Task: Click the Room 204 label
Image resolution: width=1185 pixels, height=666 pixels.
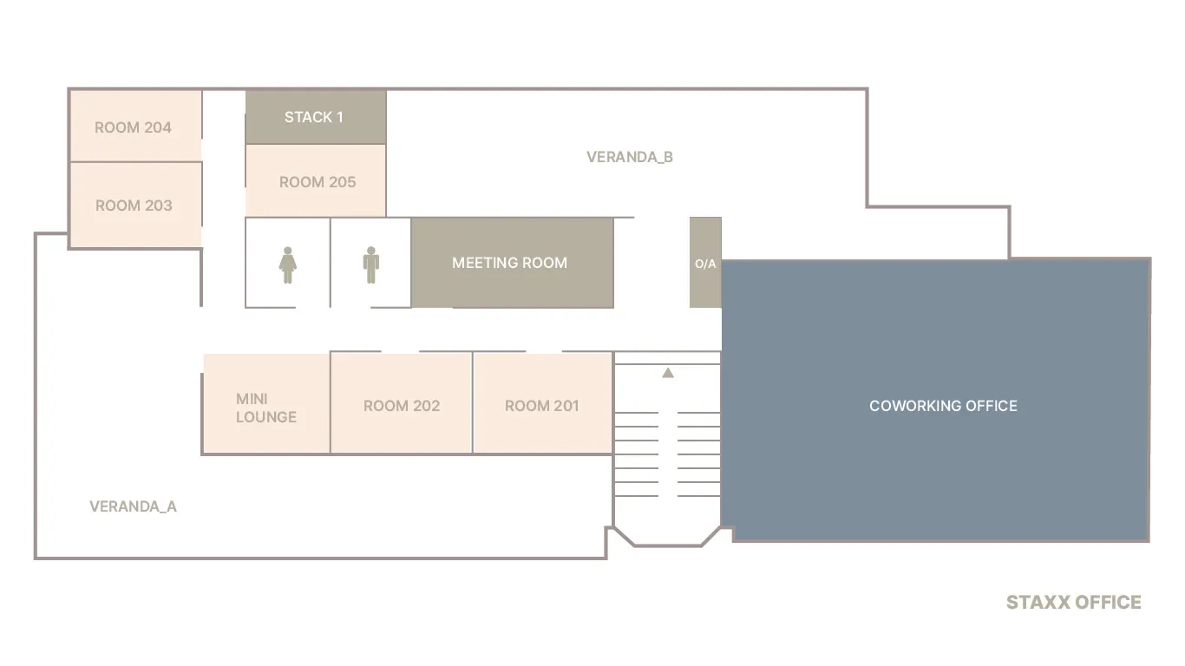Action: pyautogui.click(x=133, y=127)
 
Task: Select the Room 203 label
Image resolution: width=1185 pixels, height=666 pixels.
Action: pyautogui.click(x=134, y=206)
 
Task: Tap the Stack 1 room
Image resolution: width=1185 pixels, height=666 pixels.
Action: pyautogui.click(x=315, y=117)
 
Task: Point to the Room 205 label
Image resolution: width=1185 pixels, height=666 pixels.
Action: pyautogui.click(x=318, y=182)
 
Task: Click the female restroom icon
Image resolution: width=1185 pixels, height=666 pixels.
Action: pyautogui.click(x=288, y=265)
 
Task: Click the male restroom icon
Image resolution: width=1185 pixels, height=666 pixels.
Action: pyautogui.click(x=370, y=265)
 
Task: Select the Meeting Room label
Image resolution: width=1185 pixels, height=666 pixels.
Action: pyautogui.click(x=509, y=263)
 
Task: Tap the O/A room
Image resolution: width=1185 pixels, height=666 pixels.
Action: pyautogui.click(x=705, y=263)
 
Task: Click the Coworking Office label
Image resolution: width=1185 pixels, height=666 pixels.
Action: pyautogui.click(x=943, y=406)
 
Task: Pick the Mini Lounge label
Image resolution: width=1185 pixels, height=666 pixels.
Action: pyautogui.click(x=266, y=408)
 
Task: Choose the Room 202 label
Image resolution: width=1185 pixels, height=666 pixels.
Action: pyautogui.click(x=402, y=406)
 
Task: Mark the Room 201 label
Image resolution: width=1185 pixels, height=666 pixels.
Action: pyautogui.click(x=541, y=406)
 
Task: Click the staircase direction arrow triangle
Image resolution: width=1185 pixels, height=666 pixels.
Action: pyautogui.click(x=668, y=373)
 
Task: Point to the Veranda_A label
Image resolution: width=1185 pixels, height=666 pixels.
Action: pyautogui.click(x=133, y=506)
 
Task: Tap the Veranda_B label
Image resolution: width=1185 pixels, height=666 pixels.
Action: pyautogui.click(x=630, y=157)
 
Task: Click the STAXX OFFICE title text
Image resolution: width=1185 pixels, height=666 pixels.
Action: pyautogui.click(x=1073, y=602)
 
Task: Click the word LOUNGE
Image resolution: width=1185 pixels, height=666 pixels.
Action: pyautogui.click(x=266, y=417)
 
